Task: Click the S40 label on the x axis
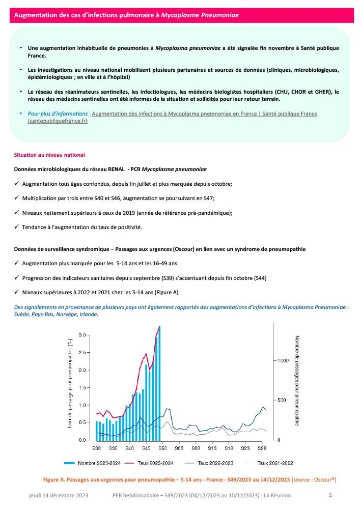[x=129, y=448]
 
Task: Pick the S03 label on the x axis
[x=179, y=448]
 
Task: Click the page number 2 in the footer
[x=330, y=495]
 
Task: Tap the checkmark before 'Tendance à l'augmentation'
[x=17, y=227]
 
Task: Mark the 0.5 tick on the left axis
[x=82, y=422]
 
